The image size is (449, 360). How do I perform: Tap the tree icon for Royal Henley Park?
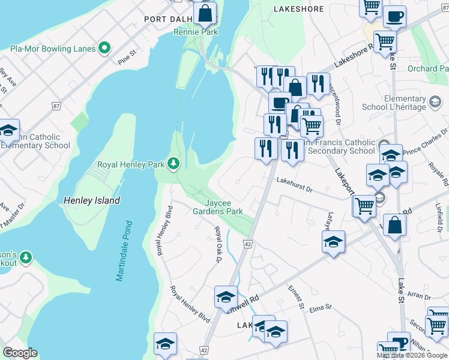[173, 164]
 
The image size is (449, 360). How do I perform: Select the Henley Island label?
[92, 200]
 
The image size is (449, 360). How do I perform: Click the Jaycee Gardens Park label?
[217, 207]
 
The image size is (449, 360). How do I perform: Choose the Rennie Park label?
[196, 32]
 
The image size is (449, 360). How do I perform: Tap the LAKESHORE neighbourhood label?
[298, 9]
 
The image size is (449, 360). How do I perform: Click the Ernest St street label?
[296, 298]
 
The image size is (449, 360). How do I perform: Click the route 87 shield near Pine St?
[56, 106]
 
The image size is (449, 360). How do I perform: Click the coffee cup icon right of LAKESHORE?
[394, 17]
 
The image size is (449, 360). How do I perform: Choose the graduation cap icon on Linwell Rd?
[226, 296]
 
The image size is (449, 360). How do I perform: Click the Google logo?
[20, 353]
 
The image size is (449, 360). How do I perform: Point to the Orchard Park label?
[431, 68]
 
